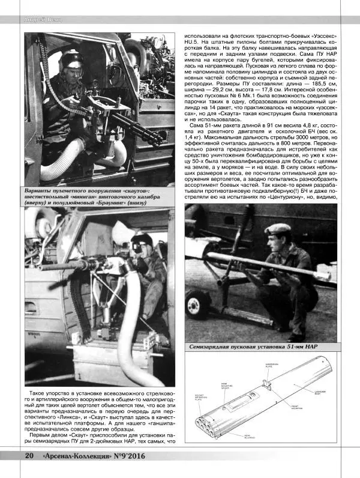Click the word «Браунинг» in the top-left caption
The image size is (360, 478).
(118, 202)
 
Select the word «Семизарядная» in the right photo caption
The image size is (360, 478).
(214, 346)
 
